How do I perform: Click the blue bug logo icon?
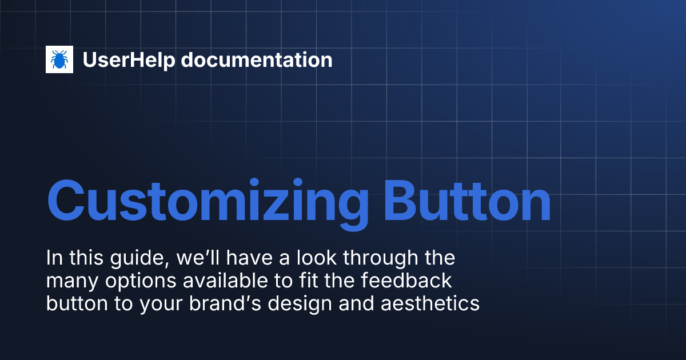59,59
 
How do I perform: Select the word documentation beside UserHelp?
257,60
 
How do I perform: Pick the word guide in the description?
134,259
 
